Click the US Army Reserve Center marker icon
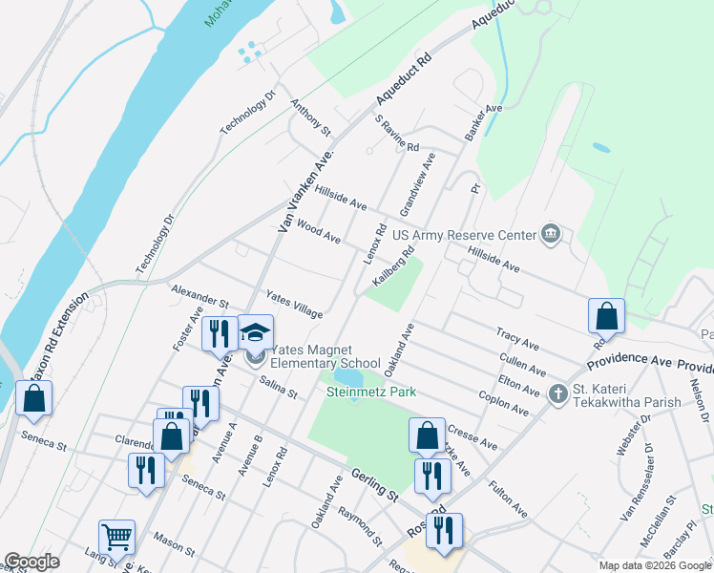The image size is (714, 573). (x=550, y=234)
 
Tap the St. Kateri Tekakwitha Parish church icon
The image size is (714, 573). (x=559, y=393)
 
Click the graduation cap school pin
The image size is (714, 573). (x=255, y=332)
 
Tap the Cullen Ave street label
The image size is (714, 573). (x=523, y=363)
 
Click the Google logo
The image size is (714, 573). (x=32, y=562)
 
